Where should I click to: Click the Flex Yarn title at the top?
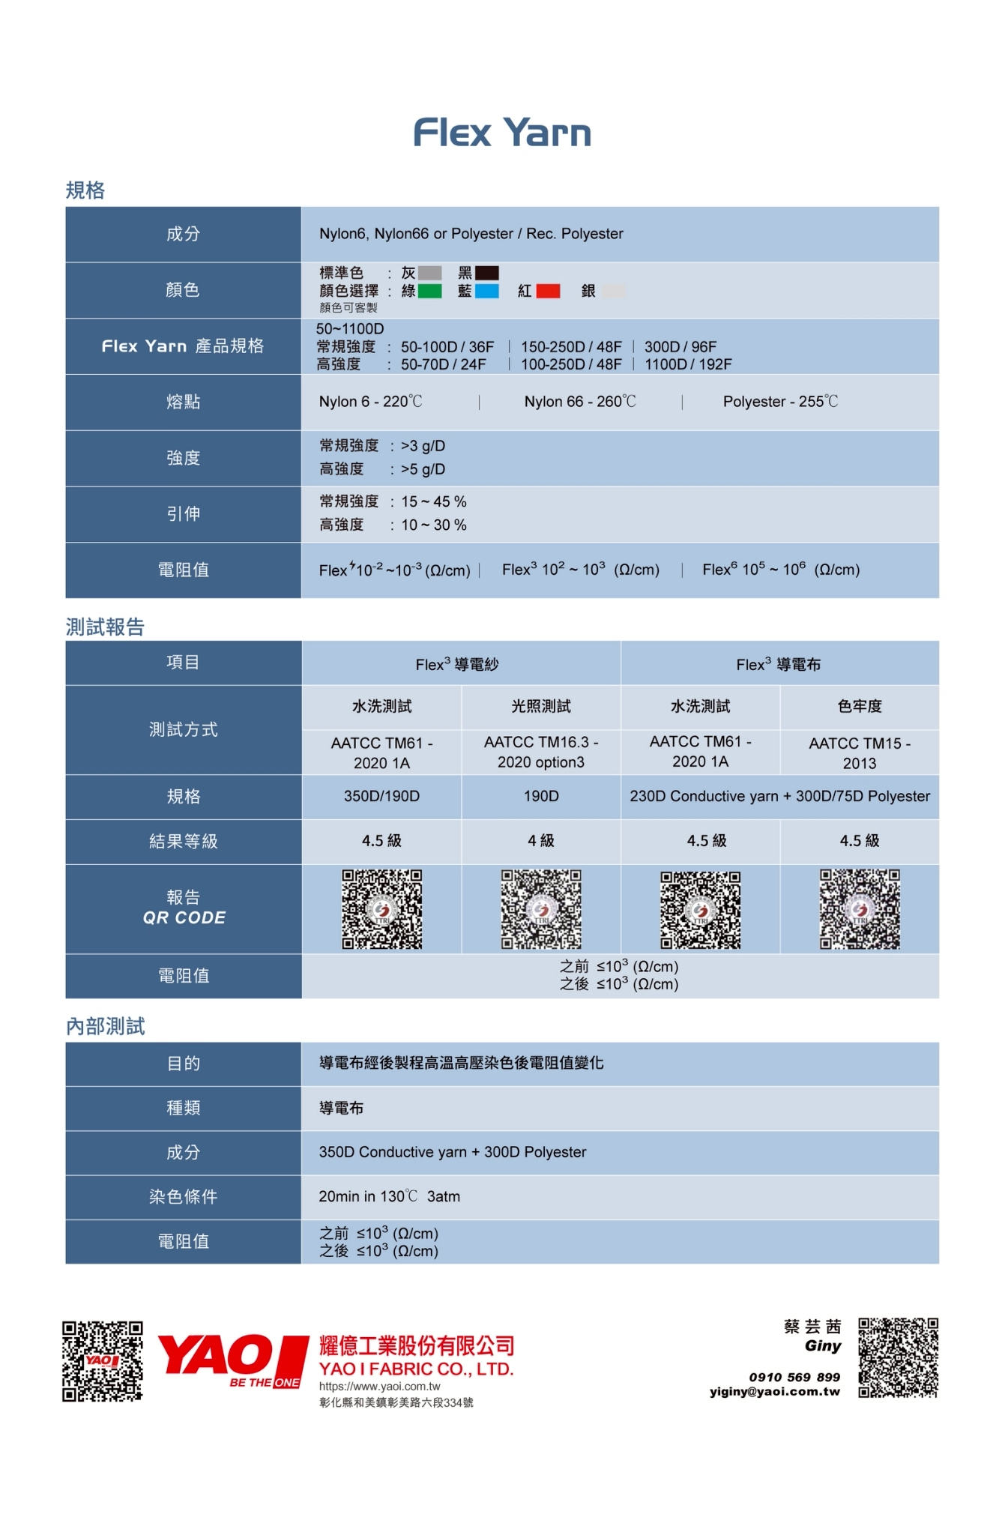502,133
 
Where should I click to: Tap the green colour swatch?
429,291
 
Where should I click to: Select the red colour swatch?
548,291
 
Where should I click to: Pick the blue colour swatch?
487,291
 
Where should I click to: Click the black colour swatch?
487,273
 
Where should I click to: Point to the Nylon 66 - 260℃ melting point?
580,402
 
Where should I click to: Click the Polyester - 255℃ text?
780,402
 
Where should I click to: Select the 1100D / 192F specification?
688,364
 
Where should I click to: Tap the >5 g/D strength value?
423,469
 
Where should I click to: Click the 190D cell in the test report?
541,796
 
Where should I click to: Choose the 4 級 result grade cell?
541,841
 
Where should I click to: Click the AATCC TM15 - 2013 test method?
860,753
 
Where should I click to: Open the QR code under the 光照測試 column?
541,909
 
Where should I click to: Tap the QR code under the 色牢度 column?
860,909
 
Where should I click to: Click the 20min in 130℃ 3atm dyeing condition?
390,1197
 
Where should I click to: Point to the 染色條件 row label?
183,1197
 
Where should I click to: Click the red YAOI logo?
232,1360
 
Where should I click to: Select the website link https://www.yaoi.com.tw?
380,1387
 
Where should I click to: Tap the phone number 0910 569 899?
794,1377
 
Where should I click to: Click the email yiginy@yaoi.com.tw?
775,1392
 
